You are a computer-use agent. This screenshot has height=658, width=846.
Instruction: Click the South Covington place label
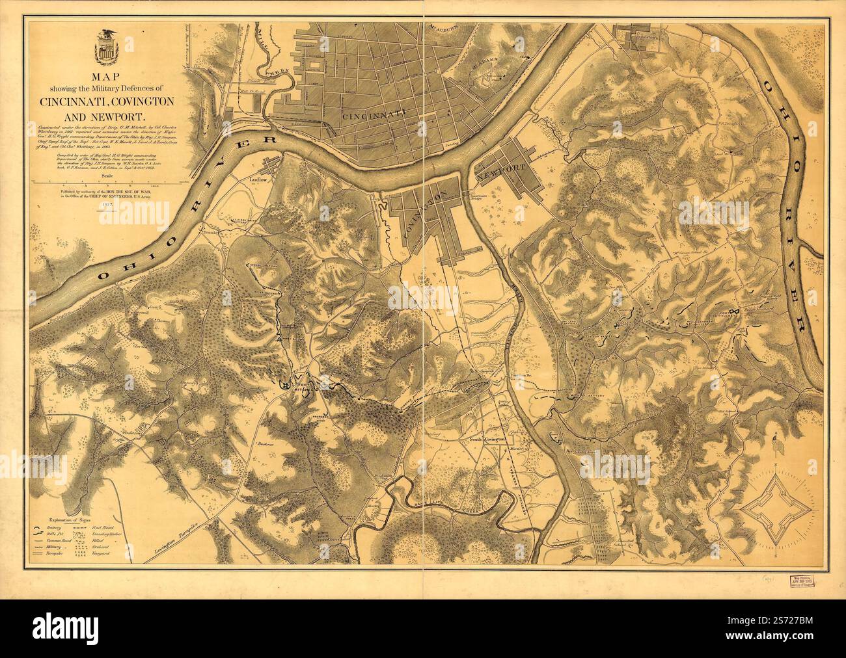(488, 440)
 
